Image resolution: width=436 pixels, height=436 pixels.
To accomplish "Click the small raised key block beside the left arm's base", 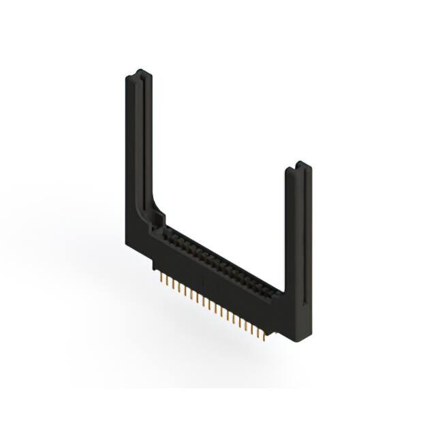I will (160, 219).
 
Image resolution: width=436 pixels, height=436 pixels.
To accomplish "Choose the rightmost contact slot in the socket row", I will (276, 292).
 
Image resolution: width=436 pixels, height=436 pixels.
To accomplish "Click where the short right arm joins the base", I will (290, 300).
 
